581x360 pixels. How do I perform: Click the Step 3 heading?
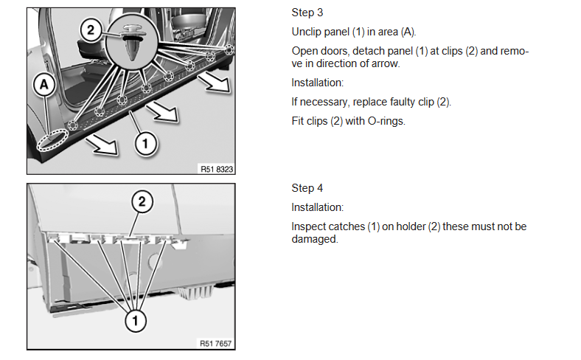[x=307, y=13]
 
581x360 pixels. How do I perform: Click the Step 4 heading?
[x=307, y=187]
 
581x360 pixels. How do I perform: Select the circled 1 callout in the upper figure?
[x=146, y=143]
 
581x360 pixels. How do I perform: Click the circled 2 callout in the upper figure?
[x=91, y=30]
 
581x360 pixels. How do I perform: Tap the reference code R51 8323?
[x=218, y=168]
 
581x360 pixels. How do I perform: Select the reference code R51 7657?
[x=218, y=343]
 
